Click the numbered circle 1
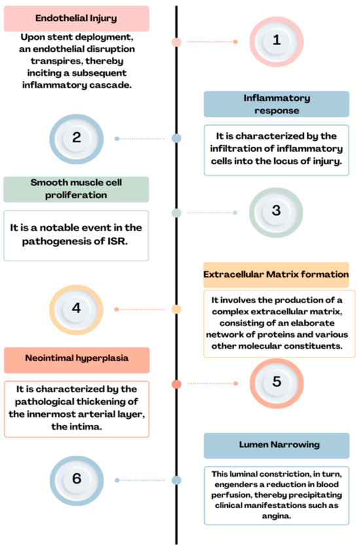click(276, 41)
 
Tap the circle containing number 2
click(77, 138)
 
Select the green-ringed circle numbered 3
click(276, 211)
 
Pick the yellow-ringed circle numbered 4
click(77, 308)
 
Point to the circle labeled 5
click(276, 382)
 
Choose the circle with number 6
click(77, 479)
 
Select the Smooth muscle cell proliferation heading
click(77, 189)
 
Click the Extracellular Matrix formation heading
click(276, 274)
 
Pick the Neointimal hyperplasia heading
click(77, 360)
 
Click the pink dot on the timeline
click(176, 42)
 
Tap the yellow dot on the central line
click(176, 309)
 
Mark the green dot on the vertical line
click(176, 213)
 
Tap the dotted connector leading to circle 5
click(211, 384)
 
